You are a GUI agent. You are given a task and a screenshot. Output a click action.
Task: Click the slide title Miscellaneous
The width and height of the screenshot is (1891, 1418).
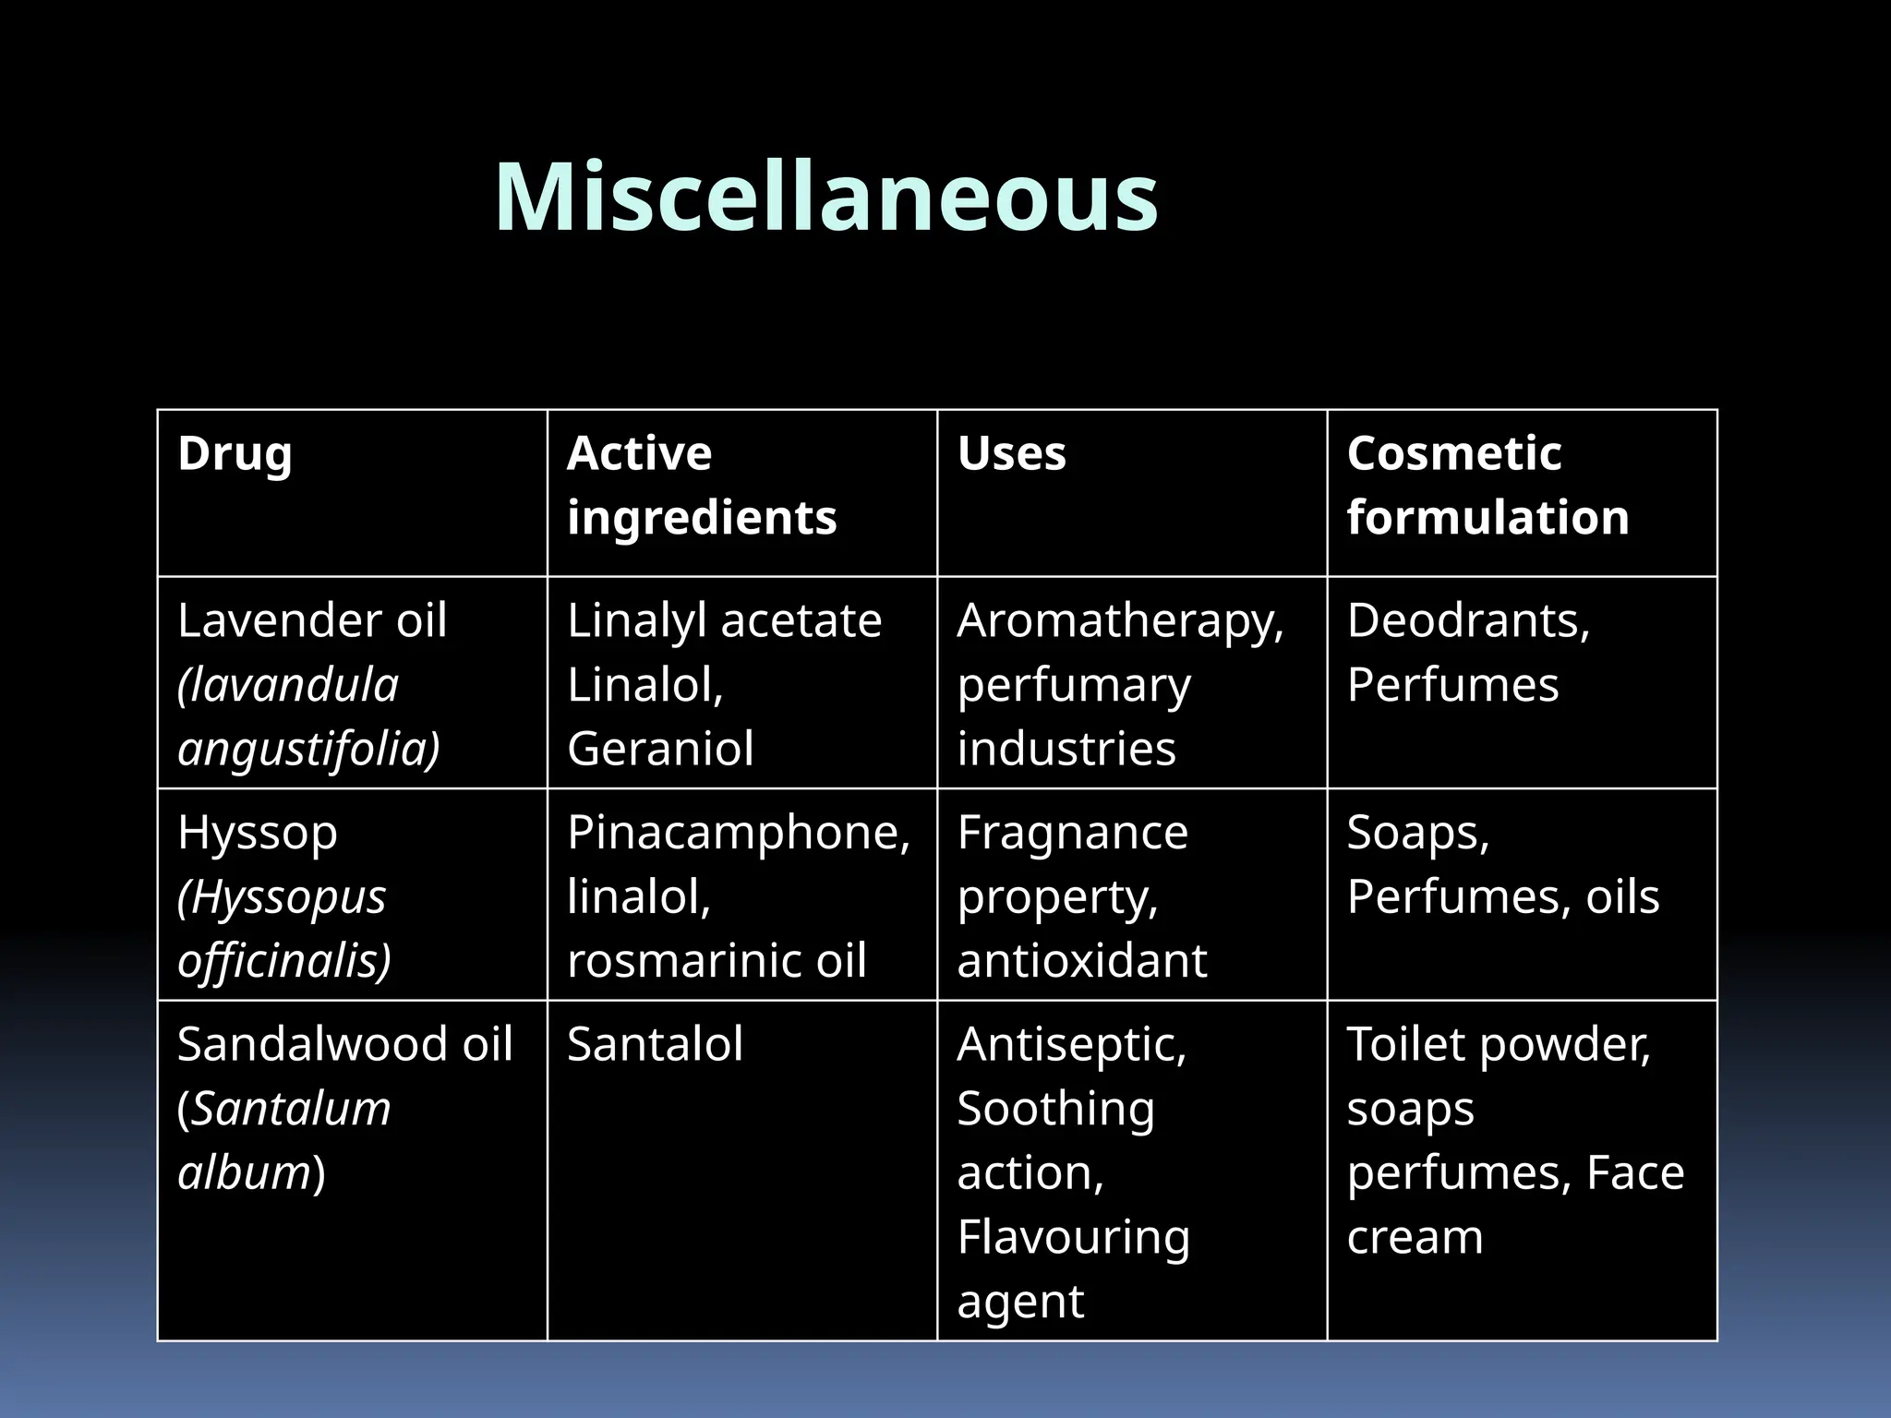pyautogui.click(x=826, y=197)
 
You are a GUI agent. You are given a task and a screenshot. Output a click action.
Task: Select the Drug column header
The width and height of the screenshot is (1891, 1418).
pyautogui.click(x=235, y=454)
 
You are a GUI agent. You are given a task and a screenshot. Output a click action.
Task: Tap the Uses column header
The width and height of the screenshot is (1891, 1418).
pyautogui.click(x=1011, y=454)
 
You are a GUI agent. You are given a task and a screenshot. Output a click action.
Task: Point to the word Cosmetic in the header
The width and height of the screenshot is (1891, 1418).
pyautogui.click(x=1453, y=454)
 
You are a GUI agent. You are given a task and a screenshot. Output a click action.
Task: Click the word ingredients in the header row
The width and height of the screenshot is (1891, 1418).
pyautogui.click(x=702, y=518)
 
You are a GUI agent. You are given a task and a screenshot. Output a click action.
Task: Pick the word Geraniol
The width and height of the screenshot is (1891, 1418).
pyautogui.click(x=660, y=748)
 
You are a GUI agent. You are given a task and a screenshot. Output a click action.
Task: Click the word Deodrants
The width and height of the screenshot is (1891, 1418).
pyautogui.click(x=1467, y=620)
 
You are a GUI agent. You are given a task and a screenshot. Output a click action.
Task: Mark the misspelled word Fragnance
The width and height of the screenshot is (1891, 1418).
pyautogui.click(x=1072, y=833)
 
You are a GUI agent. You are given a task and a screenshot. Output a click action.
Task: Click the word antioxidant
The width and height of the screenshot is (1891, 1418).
pyautogui.click(x=1081, y=960)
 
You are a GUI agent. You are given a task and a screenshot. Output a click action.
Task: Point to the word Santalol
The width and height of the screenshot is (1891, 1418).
pyautogui.click(x=655, y=1044)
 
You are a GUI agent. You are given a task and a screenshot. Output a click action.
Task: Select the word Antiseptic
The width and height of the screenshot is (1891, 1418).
pyautogui.click(x=1071, y=1044)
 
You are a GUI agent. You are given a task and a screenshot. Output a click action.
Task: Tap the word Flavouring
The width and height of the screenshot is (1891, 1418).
pyautogui.click(x=1073, y=1237)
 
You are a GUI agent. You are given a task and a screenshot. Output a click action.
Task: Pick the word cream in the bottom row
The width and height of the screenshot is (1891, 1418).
pyautogui.click(x=1415, y=1237)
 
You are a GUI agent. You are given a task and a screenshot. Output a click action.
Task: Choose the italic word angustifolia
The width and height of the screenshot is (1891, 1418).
pyautogui.click(x=308, y=749)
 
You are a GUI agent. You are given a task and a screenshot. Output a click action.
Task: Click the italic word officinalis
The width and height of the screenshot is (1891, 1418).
pyautogui.click(x=284, y=961)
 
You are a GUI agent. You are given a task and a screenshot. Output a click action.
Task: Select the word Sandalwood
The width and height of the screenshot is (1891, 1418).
pyautogui.click(x=307, y=1044)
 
